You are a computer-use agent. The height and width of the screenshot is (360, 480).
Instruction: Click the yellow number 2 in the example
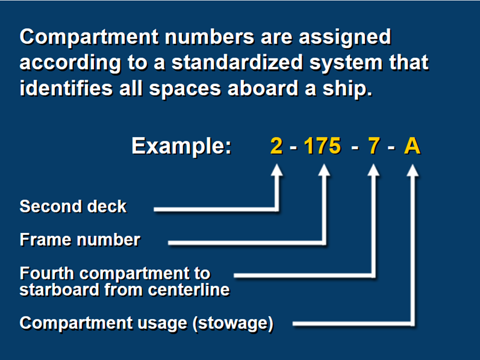pos(276,146)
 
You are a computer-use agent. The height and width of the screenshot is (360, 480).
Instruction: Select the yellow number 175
pos(322,146)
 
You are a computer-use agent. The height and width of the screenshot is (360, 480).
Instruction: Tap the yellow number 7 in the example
pos(374,146)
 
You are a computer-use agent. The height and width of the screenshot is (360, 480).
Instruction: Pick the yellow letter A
pos(412,146)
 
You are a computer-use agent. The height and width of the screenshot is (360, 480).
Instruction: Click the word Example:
pos(181,146)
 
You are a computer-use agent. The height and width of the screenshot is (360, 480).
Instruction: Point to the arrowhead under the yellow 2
pos(277,170)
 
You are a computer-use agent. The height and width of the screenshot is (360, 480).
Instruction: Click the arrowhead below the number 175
pos(324,170)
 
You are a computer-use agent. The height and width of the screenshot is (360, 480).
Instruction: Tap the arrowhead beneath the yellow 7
pos(373,170)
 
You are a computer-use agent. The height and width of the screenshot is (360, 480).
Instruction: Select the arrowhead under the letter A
pos(413,170)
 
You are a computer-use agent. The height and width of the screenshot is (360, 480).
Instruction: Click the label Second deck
pos(73,206)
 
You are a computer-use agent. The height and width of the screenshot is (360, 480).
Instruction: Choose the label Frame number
pos(80,240)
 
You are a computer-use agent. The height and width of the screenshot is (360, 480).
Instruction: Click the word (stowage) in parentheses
pos(233,323)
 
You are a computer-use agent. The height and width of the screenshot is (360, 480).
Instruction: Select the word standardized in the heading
pos(237,63)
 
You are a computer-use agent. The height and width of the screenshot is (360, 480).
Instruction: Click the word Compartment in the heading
pos(89,37)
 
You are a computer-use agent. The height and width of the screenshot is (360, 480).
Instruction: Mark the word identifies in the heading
pos(66,88)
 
